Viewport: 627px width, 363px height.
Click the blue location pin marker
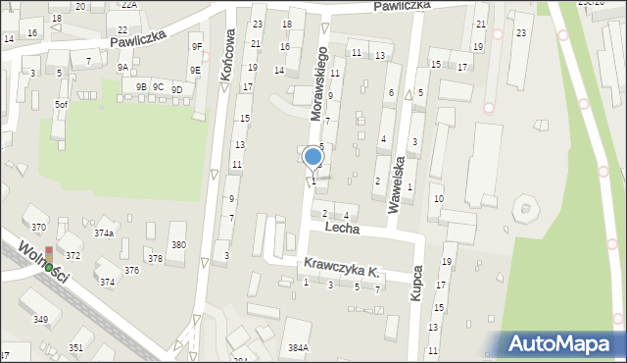coord(313,158)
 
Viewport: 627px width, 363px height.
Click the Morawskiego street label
coord(319,81)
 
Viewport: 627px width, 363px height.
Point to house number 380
coord(177,244)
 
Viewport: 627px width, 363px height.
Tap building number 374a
coord(104,233)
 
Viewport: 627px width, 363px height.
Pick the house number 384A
coord(298,347)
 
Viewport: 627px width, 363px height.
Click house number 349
coord(40,320)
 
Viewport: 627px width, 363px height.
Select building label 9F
coord(196,46)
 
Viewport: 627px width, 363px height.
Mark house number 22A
coord(129,5)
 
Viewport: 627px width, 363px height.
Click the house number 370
coord(38,227)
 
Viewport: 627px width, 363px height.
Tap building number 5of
coord(62,104)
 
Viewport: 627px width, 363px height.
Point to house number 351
coord(75,348)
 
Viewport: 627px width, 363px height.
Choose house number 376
coord(130,270)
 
